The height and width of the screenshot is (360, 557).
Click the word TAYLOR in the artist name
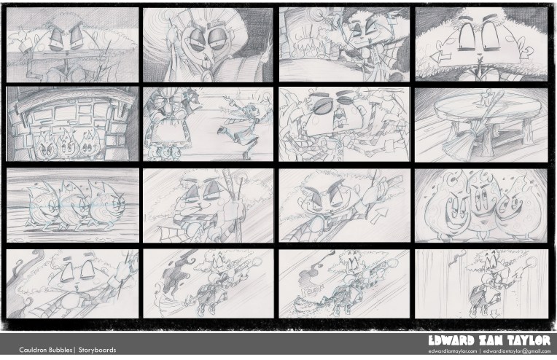pyautogui.click(x=529, y=340)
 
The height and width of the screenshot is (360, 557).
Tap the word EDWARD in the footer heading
pyautogui.click(x=451, y=340)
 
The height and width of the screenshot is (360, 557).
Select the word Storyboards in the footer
pyautogui.click(x=98, y=350)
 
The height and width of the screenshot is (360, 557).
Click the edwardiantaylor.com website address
pyautogui.click(x=452, y=351)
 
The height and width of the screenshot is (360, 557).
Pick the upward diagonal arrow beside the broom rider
pyautogui.click(x=379, y=215)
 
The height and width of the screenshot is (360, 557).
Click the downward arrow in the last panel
pyautogui.click(x=495, y=313)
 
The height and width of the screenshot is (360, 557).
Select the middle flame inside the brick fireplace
pyautogui.click(x=66, y=144)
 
